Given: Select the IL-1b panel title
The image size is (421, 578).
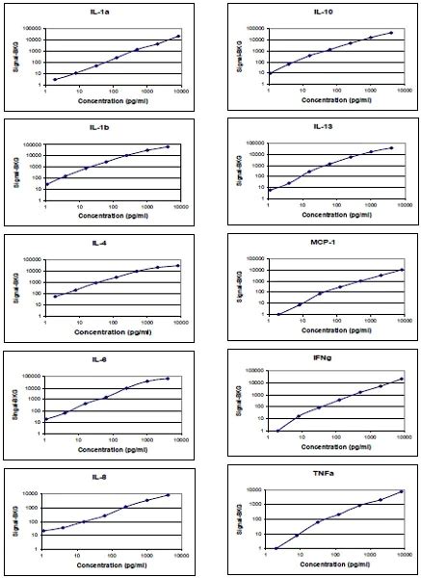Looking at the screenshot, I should click(105, 127).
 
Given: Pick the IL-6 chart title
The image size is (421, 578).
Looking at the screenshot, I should click(105, 357).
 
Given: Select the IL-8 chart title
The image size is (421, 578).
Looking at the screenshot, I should click(105, 473).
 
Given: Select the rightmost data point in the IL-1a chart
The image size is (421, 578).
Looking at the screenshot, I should click(179, 36).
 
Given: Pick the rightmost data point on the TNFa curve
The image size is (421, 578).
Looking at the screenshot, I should click(402, 491).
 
